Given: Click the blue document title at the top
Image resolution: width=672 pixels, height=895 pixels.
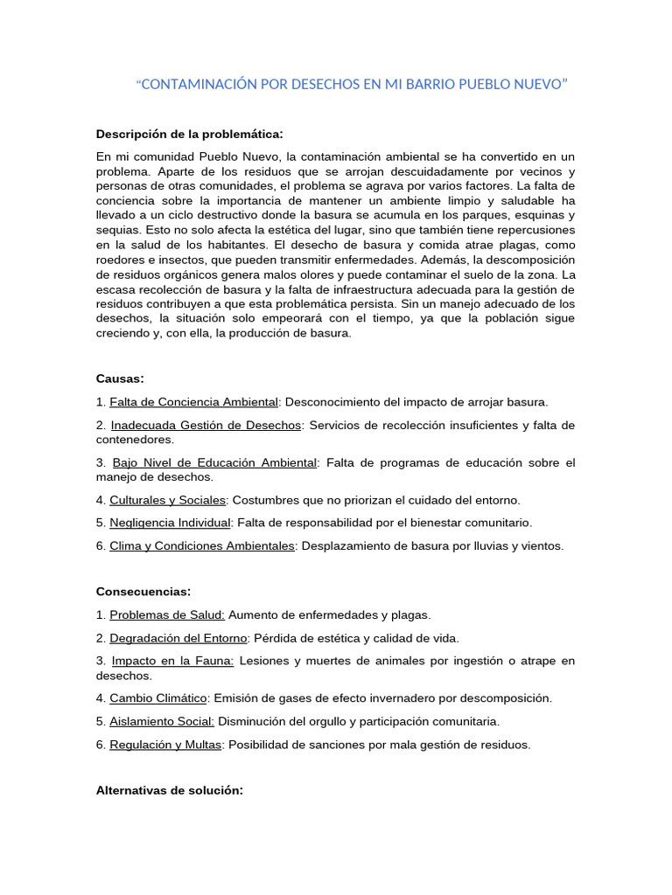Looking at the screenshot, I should [x=353, y=84].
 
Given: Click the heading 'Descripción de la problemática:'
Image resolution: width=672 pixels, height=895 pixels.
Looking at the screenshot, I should [x=189, y=134].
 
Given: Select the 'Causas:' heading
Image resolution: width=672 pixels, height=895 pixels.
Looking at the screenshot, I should [x=120, y=378].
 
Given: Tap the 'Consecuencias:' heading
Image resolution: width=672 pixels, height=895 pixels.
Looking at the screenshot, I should [x=143, y=592].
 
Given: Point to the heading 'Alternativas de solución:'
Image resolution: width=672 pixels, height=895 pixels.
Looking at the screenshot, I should [x=169, y=790].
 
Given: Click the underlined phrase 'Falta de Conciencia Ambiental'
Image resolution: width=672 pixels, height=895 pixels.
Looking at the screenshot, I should [x=193, y=402].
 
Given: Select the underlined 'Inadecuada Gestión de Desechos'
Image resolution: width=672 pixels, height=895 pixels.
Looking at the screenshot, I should [x=206, y=425].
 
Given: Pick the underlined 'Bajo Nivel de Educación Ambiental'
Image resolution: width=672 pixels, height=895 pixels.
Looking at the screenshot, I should [x=213, y=462].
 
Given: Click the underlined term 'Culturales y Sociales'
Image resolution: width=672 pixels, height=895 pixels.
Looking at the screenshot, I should [x=168, y=500].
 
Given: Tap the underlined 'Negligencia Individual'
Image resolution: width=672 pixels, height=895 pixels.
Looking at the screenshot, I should [x=170, y=523].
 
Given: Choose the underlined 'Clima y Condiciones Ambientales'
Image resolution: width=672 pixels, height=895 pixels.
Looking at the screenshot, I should [x=202, y=545].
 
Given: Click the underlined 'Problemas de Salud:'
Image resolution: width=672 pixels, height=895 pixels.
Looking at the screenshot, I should [x=167, y=614].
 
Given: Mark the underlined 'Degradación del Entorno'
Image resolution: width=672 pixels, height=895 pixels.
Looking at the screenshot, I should [x=178, y=638].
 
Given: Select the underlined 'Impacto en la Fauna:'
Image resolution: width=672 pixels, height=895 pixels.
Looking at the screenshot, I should [x=171, y=661].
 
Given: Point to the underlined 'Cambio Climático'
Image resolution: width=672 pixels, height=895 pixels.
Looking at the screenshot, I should [x=158, y=698].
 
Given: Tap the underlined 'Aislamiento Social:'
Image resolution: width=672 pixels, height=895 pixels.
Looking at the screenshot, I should [x=162, y=721].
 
